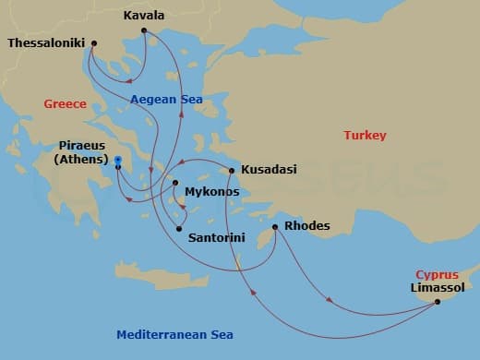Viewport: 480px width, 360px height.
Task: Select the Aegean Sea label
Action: tap(166, 100)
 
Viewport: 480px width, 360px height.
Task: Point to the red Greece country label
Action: tap(65, 104)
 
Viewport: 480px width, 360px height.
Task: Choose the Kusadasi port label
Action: tap(269, 170)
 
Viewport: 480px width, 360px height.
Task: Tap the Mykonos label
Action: tap(212, 192)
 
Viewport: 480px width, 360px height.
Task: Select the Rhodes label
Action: tap(308, 226)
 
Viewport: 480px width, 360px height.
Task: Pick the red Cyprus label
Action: tap(437, 274)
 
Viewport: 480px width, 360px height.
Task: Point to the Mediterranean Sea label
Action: tap(175, 334)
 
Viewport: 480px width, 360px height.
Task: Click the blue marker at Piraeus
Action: tap(118, 161)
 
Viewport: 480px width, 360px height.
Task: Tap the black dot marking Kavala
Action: tap(144, 31)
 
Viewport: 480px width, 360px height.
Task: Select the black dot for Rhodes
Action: tap(275, 226)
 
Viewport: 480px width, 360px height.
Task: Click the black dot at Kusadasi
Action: tap(232, 170)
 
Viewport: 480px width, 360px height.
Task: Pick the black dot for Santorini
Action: tap(180, 229)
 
